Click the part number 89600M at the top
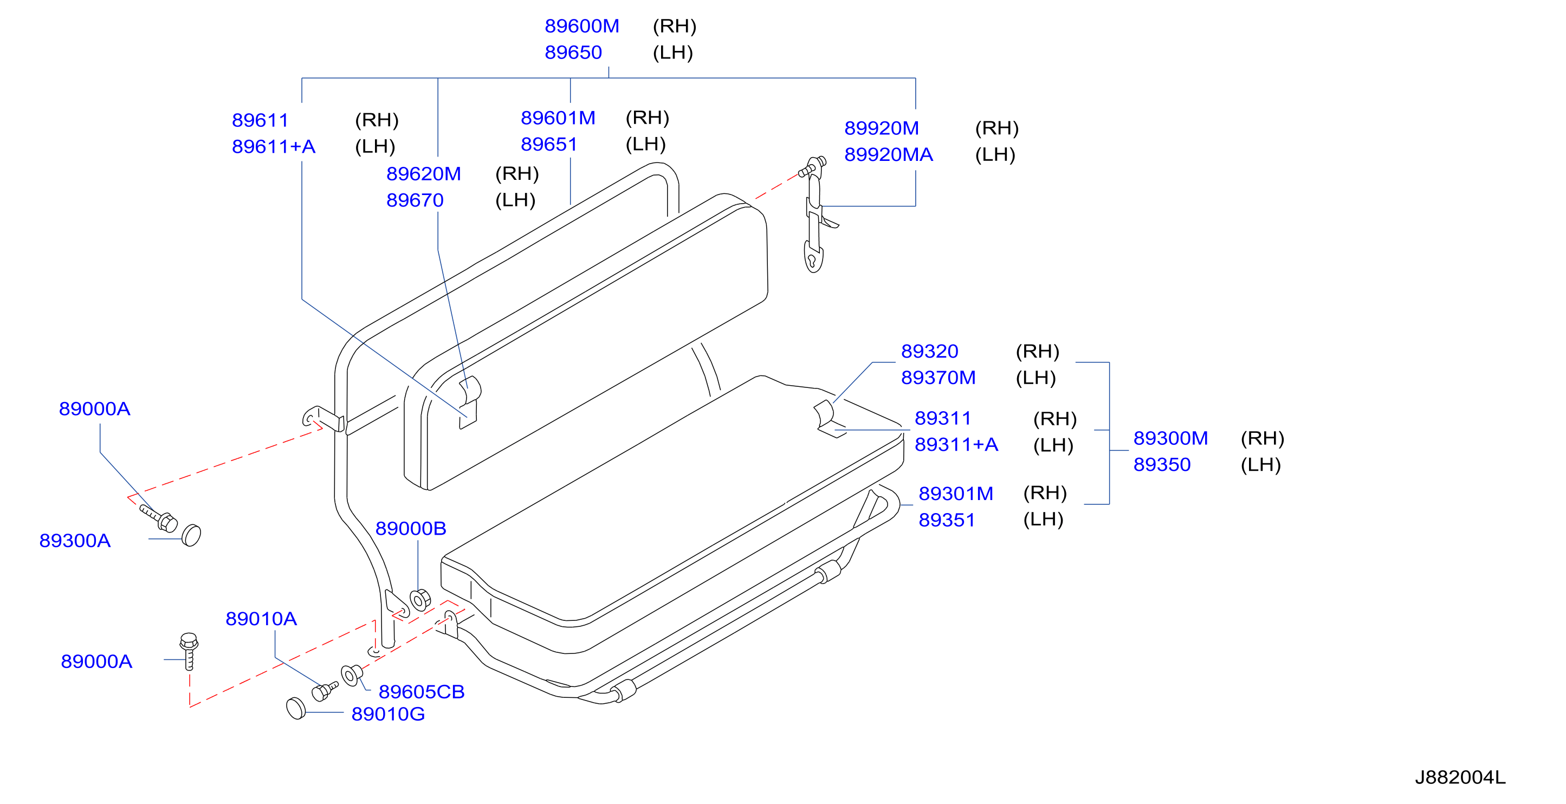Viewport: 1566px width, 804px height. point(582,26)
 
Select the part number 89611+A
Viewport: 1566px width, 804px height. point(274,146)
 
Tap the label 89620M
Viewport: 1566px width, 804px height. point(424,174)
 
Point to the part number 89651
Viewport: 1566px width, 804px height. point(549,144)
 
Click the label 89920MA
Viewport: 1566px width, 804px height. point(889,154)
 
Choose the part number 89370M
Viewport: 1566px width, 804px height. point(938,378)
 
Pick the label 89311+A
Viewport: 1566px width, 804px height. point(956,444)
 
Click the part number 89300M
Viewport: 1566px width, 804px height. point(1170,438)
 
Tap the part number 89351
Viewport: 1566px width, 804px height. point(947,520)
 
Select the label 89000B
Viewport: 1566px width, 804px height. point(411,528)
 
